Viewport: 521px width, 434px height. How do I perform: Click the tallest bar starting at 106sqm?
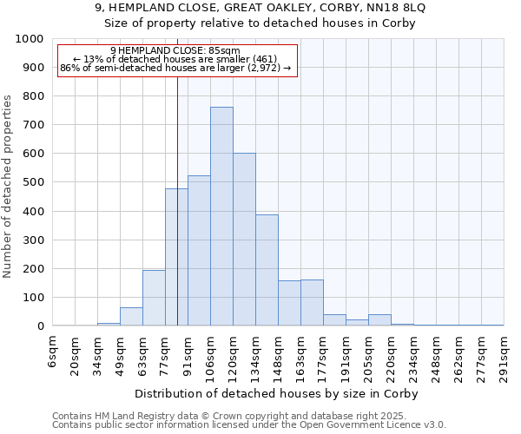pyautogui.click(x=221, y=217)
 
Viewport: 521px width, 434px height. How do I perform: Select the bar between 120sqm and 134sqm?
pyautogui.click(x=244, y=240)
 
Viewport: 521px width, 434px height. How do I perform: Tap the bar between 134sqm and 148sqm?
pyautogui.click(x=267, y=270)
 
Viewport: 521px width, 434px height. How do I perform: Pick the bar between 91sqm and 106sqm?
pyautogui.click(x=199, y=251)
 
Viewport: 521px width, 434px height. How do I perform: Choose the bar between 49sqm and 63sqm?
pyautogui.click(x=131, y=317)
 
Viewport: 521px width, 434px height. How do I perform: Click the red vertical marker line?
pyautogui.click(x=177, y=217)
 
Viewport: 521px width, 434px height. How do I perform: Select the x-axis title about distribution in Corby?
pyautogui.click(x=277, y=394)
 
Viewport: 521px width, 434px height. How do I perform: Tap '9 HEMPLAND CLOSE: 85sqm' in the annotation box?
pyautogui.click(x=176, y=50)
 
